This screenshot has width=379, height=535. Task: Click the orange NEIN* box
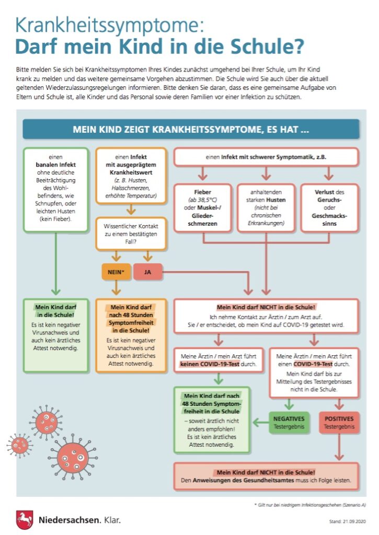point(116,272)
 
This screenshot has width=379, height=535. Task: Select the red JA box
point(147,272)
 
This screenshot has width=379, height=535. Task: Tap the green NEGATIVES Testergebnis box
point(288,422)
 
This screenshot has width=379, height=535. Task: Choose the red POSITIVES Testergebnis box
point(339,422)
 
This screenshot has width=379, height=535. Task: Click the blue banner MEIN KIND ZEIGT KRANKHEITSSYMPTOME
point(191,129)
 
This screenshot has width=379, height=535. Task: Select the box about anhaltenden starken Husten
point(266,207)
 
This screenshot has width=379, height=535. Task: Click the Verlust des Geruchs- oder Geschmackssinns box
point(328,207)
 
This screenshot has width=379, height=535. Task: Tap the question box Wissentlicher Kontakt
point(131,234)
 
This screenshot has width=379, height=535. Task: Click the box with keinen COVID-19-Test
point(219,359)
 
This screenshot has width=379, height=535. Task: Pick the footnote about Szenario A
point(314,505)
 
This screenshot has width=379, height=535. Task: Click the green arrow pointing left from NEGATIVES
point(259,421)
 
